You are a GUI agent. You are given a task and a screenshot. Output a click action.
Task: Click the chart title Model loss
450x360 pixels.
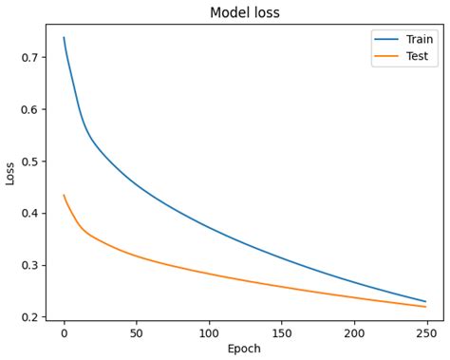(x=244, y=12)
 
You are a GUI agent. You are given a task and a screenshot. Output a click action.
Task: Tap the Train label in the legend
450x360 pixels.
(x=421, y=39)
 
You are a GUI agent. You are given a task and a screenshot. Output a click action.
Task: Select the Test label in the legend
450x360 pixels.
(x=419, y=56)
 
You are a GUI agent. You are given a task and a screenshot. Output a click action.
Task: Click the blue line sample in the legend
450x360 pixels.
(x=386, y=39)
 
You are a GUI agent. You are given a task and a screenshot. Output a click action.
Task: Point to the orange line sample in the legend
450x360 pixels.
(x=386, y=56)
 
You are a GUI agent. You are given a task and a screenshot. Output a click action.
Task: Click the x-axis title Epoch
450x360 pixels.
(x=244, y=349)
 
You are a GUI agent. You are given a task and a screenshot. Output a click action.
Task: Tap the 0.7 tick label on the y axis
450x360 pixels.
(x=29, y=58)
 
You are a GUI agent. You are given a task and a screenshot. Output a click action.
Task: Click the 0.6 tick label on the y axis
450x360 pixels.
(x=29, y=109)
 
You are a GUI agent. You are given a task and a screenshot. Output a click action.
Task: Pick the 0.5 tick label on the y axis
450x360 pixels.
(x=29, y=161)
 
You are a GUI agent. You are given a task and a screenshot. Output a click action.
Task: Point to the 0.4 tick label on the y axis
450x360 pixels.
(x=29, y=214)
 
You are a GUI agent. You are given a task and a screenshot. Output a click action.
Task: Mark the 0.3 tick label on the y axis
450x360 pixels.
(x=29, y=265)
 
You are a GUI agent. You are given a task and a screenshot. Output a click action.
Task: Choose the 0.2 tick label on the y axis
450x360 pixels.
(x=29, y=317)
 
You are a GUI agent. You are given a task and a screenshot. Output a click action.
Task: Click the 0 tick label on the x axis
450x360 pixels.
(x=64, y=332)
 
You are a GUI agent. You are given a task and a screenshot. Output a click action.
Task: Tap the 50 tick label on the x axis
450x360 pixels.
(x=136, y=332)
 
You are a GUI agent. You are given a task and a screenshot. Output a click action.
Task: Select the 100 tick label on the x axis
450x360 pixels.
(x=209, y=332)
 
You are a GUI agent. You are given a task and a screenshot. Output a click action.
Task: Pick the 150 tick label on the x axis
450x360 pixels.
(x=281, y=332)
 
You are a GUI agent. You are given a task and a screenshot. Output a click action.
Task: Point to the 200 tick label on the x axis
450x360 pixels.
(x=353, y=332)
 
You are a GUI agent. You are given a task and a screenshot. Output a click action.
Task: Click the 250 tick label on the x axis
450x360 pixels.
(x=426, y=332)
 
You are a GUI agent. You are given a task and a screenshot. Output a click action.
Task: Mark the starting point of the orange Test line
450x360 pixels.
(x=64, y=196)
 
